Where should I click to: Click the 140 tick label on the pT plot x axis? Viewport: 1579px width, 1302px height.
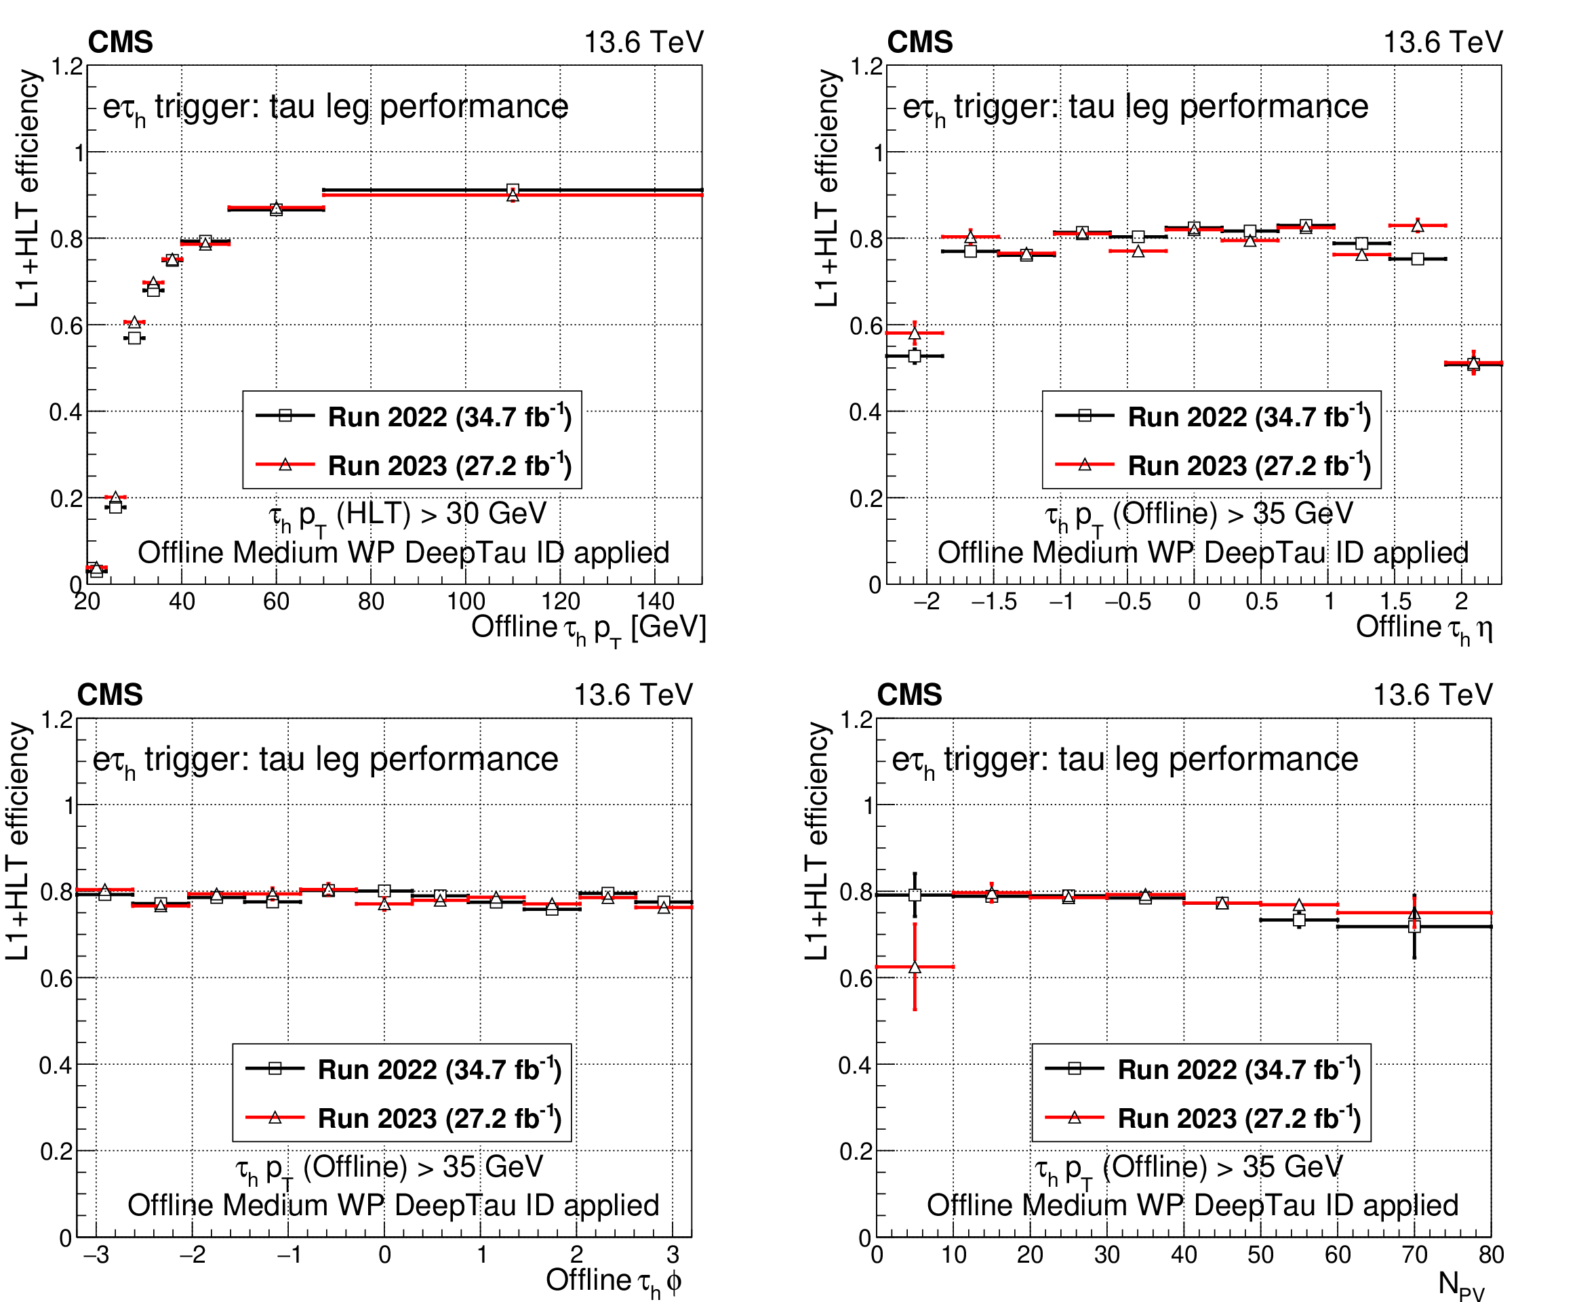pyautogui.click(x=655, y=601)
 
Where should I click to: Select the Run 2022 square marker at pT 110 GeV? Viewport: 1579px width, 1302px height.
pyautogui.click(x=513, y=190)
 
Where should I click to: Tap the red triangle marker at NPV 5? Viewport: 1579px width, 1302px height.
pyautogui.click(x=915, y=967)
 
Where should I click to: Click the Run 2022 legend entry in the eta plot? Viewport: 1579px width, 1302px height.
pyautogui.click(x=1212, y=416)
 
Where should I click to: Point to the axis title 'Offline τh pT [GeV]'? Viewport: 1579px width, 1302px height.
pyautogui.click(x=588, y=628)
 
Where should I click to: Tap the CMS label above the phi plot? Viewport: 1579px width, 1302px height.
pyautogui.click(x=110, y=695)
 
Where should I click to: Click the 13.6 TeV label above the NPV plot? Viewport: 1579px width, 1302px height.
pyautogui.click(x=1432, y=695)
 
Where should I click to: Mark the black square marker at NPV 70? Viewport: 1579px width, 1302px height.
pyautogui.click(x=1414, y=927)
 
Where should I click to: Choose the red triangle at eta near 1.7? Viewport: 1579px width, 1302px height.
pyautogui.click(x=1417, y=225)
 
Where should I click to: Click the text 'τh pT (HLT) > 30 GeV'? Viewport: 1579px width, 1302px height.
pyautogui.click(x=407, y=514)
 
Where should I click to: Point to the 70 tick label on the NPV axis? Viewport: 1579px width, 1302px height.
pyautogui.click(x=1414, y=1255)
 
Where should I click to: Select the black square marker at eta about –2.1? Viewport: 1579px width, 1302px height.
pyautogui.click(x=914, y=357)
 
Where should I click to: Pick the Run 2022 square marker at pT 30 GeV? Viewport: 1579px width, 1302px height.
pyautogui.click(x=134, y=338)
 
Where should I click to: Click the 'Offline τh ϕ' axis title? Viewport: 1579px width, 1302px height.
pyautogui.click(x=613, y=1281)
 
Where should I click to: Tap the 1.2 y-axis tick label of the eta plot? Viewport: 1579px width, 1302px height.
pyautogui.click(x=867, y=66)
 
